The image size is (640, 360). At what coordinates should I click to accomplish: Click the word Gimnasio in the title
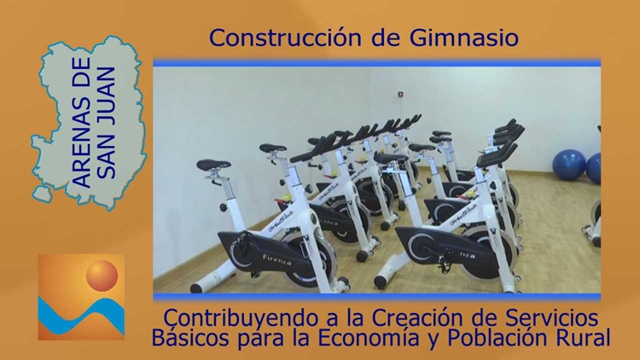463,38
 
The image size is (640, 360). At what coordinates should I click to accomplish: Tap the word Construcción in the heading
285,38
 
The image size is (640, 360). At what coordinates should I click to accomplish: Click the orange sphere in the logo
102,276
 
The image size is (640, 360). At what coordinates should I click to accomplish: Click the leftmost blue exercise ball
568,165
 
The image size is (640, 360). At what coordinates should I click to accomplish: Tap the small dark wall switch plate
400,95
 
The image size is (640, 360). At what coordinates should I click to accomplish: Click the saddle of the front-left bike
213,165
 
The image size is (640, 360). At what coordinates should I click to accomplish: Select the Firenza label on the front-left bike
277,259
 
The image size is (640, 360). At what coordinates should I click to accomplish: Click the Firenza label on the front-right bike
460,253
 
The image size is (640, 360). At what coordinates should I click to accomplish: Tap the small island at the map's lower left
43,194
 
